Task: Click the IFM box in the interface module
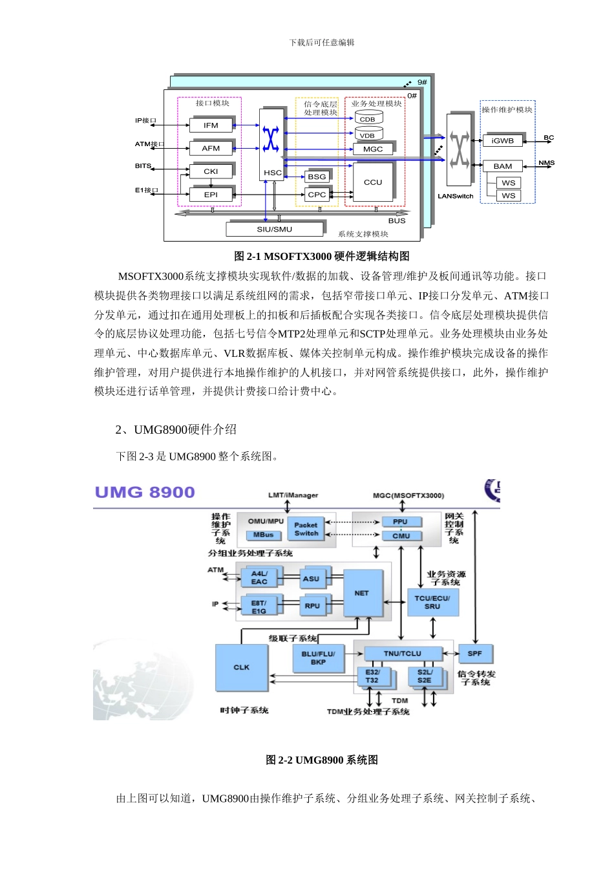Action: pos(211,125)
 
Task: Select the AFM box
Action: pos(211,148)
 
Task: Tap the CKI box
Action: pos(211,171)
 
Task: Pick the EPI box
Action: pos(211,195)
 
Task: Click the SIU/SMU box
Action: pos(275,229)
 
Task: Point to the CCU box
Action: pos(373,182)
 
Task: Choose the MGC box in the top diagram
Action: pos(373,149)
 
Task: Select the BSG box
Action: pos(317,177)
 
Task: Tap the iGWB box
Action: pos(502,140)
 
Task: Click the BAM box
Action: pos(502,166)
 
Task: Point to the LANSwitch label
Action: pos(456,196)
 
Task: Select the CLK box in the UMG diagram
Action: pos(241,667)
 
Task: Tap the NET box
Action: pos(362,593)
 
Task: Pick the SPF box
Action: pos(475,654)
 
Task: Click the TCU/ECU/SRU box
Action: pos(432,603)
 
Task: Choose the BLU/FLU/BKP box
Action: pos(318,658)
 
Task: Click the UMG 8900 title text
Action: pos(145,493)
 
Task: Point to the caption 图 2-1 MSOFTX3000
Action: pos(321,256)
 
